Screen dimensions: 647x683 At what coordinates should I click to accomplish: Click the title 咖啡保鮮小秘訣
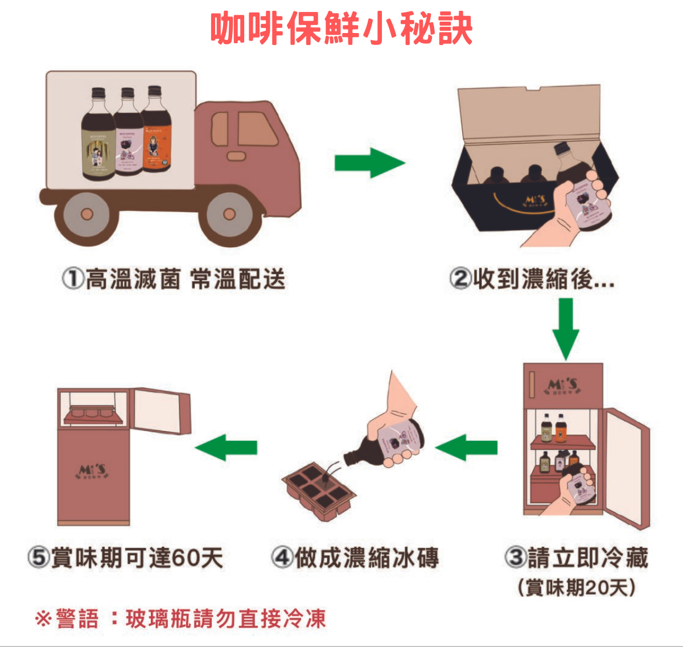pos(341,28)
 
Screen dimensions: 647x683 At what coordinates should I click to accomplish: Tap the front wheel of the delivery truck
pos(229,215)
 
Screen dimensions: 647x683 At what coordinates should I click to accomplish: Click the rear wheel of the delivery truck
pos(87,215)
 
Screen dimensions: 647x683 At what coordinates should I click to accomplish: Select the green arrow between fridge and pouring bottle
pos(467,448)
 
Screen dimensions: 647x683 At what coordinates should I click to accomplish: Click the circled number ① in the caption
pos(73,279)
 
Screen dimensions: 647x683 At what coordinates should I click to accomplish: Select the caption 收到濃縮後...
pos(532,279)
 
